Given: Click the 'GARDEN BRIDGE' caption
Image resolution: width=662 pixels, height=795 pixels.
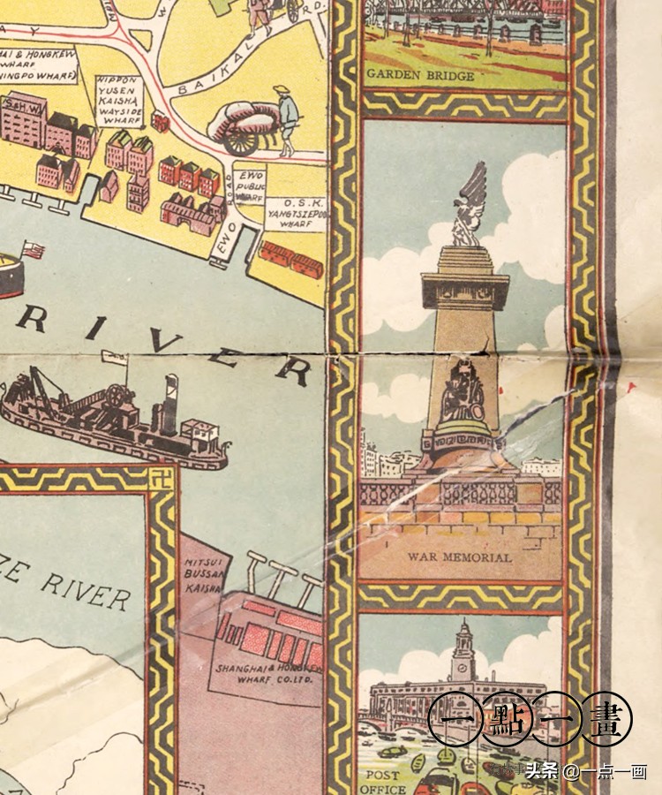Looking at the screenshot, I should pos(419,76).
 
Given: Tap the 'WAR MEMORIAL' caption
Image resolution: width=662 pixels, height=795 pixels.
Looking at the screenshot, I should pos(460,557).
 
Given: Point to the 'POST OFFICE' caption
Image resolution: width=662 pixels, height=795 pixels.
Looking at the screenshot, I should pos(383,782).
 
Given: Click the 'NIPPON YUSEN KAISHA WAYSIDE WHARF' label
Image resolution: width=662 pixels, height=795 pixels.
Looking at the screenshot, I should pos(118,102).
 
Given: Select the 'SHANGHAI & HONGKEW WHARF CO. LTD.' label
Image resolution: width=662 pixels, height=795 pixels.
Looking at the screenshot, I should pos(263,674).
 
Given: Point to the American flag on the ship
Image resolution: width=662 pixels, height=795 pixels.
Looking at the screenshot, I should pos(34,250).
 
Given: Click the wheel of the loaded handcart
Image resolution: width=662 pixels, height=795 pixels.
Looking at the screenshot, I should pos(237,140).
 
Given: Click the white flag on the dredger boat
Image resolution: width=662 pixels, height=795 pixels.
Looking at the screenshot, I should pos(112,356).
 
